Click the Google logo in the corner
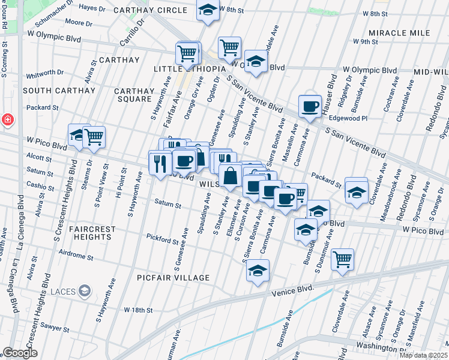[20, 353]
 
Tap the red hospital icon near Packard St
[8, 119]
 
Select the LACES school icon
[85, 292]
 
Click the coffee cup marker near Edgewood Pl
[310, 107]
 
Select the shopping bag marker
[230, 176]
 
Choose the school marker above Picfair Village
[258, 271]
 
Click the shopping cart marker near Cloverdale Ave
[342, 260]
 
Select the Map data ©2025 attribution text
[423, 355]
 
